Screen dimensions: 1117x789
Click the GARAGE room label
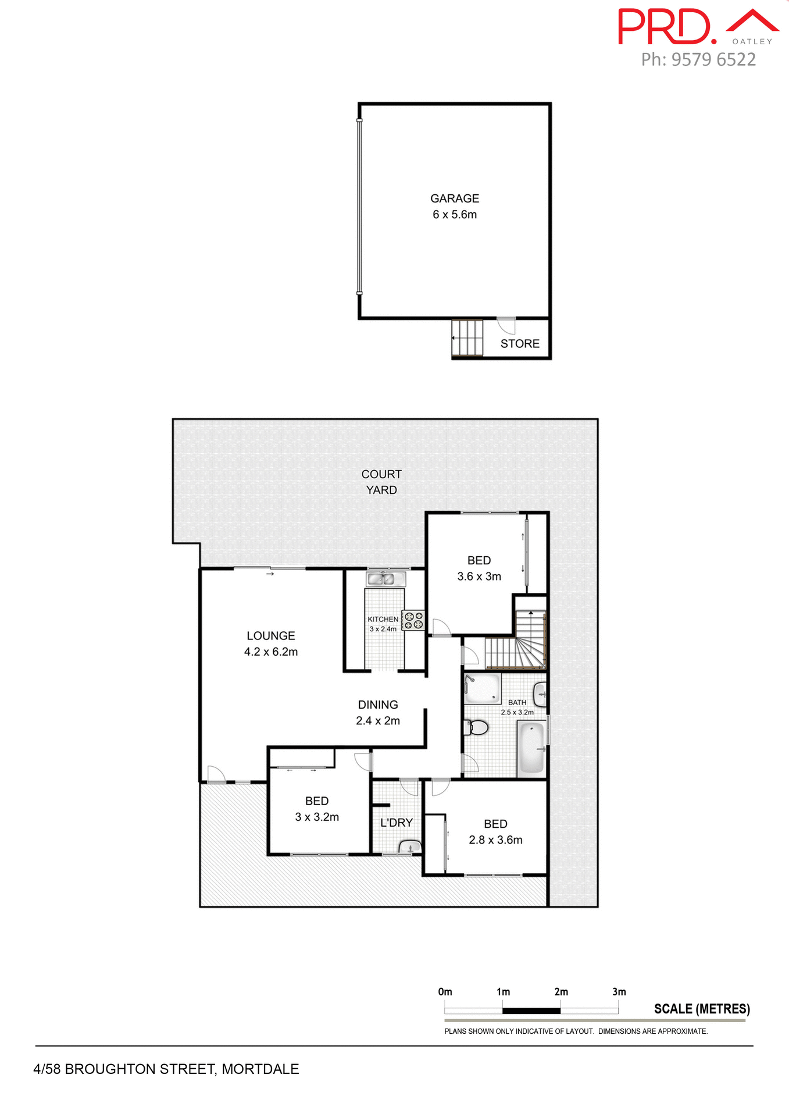pyautogui.click(x=455, y=198)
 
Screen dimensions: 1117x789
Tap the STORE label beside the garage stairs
pyautogui.click(x=520, y=344)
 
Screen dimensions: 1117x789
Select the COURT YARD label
pyautogui.click(x=381, y=482)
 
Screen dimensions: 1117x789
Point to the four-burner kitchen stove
pyautogui.click(x=413, y=620)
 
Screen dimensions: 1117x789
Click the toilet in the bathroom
pyautogui.click(x=476, y=727)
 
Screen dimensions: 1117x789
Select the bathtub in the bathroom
pyautogui.click(x=531, y=748)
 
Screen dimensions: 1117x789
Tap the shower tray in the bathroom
pyautogui.click(x=482, y=689)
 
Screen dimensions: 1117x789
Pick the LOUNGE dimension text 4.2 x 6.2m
pyautogui.click(x=271, y=652)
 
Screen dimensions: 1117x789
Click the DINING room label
pyautogui.click(x=378, y=705)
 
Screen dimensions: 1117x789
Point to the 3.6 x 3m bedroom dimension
pyautogui.click(x=479, y=577)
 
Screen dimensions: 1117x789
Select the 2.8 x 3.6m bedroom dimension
pyautogui.click(x=495, y=840)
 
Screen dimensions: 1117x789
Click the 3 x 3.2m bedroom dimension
pyautogui.click(x=317, y=817)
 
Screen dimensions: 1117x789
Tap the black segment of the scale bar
pyautogui.click(x=531, y=1011)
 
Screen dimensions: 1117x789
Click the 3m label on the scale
pyautogui.click(x=619, y=992)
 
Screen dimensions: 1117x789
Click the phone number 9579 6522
pyautogui.click(x=713, y=59)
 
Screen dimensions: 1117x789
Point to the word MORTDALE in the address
pyautogui.click(x=260, y=1069)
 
